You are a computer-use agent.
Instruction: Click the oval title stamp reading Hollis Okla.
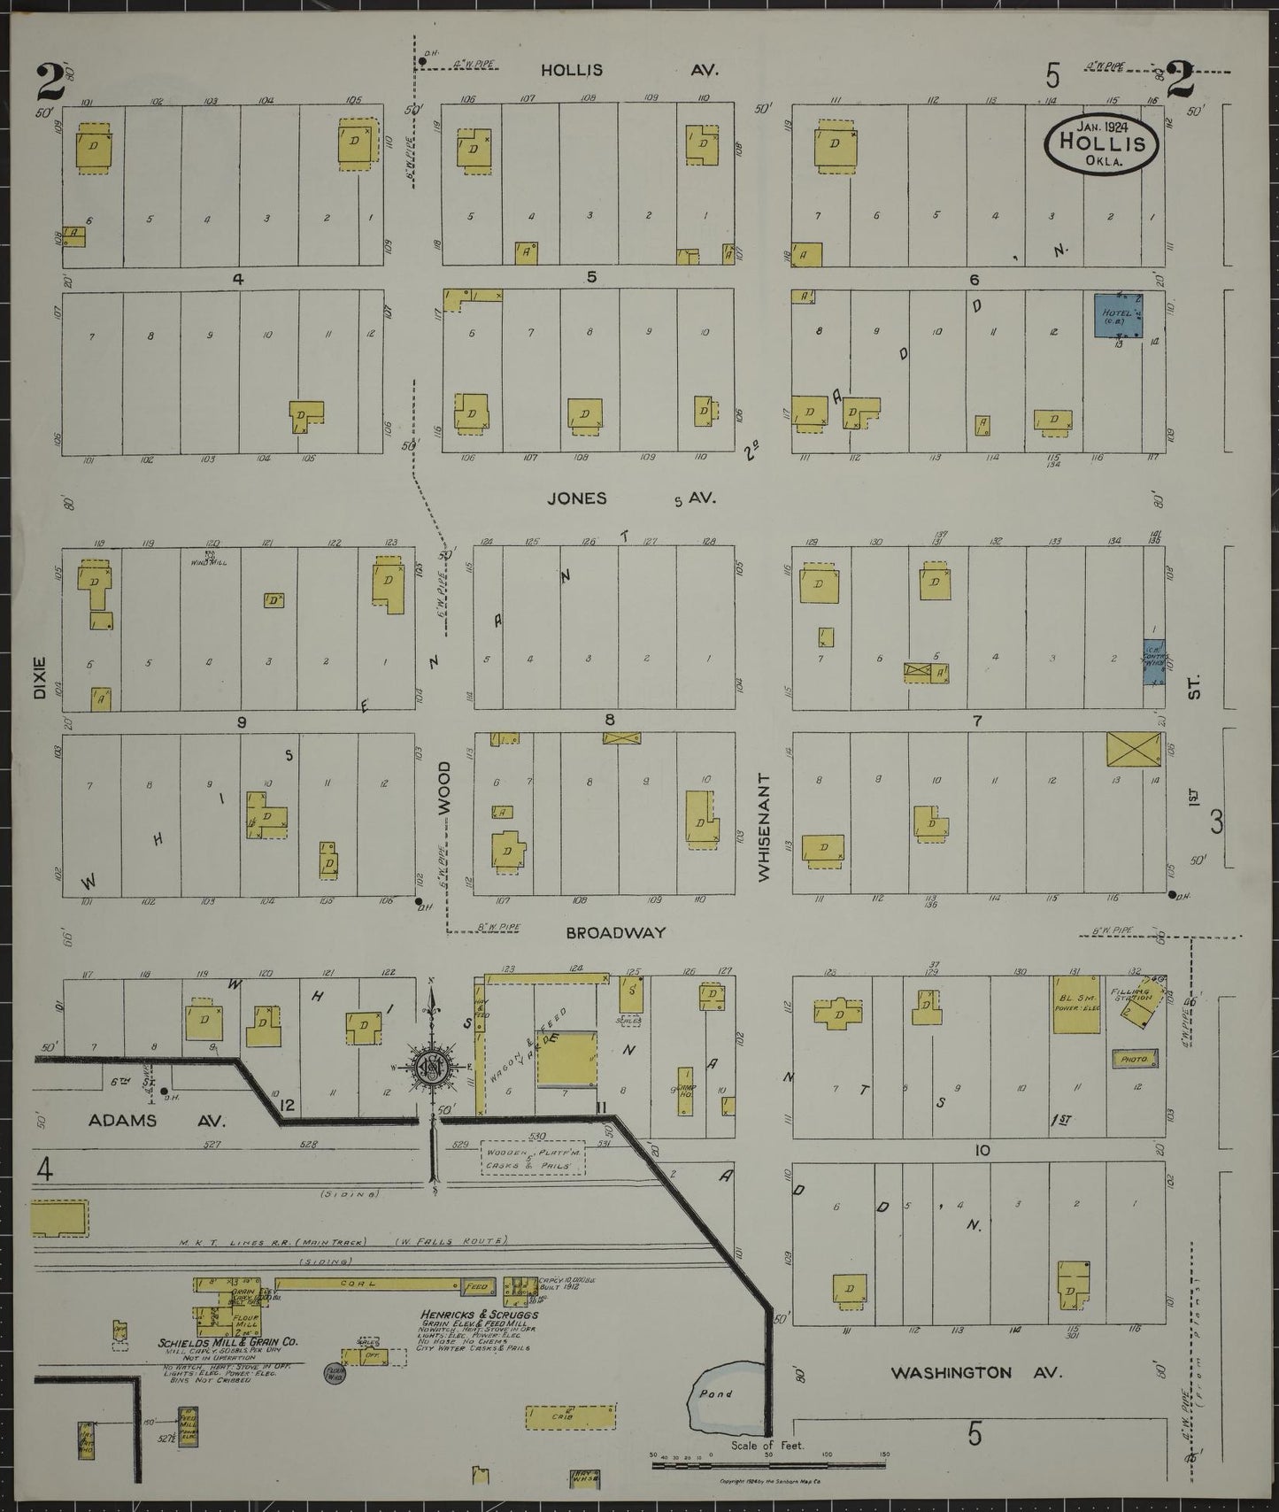click(x=1103, y=142)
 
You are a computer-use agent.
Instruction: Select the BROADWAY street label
click(x=615, y=932)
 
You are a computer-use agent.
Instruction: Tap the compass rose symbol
click(x=431, y=1065)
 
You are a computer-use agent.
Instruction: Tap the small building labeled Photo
click(x=1134, y=1059)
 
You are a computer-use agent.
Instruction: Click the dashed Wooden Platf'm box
click(x=533, y=1157)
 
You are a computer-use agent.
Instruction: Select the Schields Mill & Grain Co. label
click(x=228, y=1367)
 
